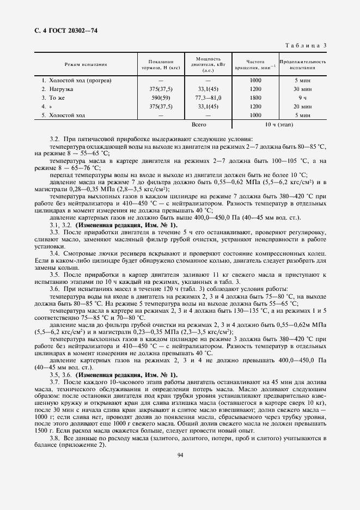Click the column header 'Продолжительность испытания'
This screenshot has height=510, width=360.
tap(302, 64)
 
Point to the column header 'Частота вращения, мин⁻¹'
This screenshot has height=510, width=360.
tap(255, 64)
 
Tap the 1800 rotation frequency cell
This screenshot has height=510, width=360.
tap(255, 98)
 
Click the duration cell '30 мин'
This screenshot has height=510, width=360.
tap(302, 89)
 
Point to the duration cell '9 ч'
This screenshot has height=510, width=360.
tap(302, 98)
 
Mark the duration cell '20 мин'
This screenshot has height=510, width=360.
tap(302, 106)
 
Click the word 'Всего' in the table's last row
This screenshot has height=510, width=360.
tap(207, 125)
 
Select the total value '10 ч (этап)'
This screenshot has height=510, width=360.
tap(279, 125)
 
